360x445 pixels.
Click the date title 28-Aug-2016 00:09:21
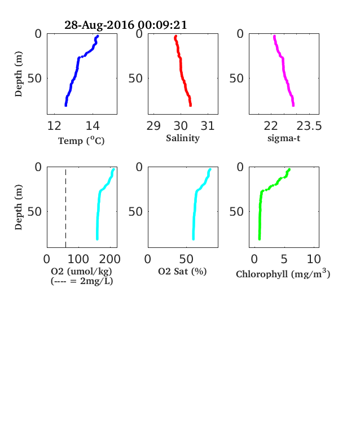point(126,25)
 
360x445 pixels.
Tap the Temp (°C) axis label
point(81,141)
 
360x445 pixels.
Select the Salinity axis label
point(183,138)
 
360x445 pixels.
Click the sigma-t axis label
point(284,138)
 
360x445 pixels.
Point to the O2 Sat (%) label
point(182,272)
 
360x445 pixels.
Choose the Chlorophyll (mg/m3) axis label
point(283,273)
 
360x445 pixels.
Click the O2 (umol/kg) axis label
point(81,272)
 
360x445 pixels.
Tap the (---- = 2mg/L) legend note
point(82,281)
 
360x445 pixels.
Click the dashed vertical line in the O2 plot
point(66,208)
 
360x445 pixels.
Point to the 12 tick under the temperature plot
point(54,126)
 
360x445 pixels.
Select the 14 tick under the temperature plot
point(93,126)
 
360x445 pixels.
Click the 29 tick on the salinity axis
point(153,126)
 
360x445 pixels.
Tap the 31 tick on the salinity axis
point(208,126)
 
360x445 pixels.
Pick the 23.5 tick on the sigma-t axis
point(309,126)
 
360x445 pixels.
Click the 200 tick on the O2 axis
point(109,259)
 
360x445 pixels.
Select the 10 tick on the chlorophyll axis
point(314,259)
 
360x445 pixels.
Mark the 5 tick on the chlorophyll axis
point(284,259)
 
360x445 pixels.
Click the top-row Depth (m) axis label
point(19,74)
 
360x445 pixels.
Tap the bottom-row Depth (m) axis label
point(19,207)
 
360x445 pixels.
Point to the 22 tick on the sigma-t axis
point(271,126)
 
